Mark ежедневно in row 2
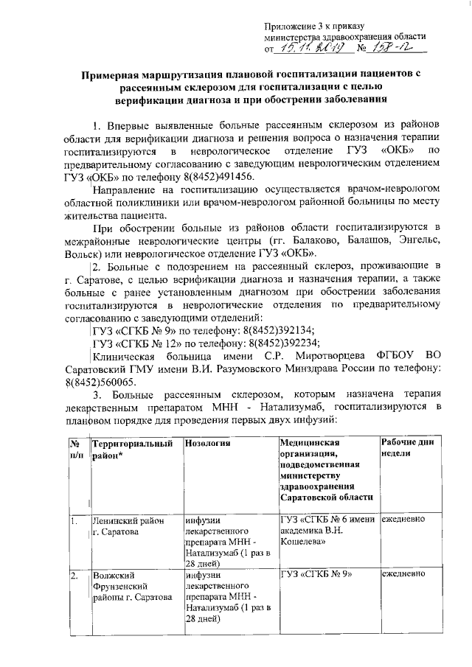(403, 573)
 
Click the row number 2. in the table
(74, 573)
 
